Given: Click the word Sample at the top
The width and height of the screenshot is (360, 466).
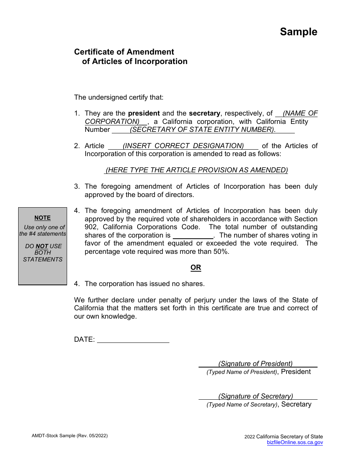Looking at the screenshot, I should [x=299, y=32].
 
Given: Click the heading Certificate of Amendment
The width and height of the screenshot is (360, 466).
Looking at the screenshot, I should [x=124, y=52].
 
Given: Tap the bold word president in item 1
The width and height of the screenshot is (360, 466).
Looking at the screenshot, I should [x=144, y=113].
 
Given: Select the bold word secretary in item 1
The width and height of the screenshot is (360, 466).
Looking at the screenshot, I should [x=205, y=113].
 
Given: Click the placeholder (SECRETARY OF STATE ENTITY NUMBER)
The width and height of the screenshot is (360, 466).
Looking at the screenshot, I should [x=203, y=130].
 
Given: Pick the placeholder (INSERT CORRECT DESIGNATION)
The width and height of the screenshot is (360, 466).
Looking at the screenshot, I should [x=183, y=146].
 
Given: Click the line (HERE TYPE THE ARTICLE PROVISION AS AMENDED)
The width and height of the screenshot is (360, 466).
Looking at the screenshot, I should [x=196, y=170].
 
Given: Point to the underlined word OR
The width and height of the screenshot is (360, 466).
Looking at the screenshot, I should [x=196, y=267].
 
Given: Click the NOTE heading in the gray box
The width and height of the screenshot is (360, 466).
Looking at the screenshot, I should [x=42, y=218].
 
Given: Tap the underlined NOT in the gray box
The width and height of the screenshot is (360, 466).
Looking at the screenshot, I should [x=42, y=246].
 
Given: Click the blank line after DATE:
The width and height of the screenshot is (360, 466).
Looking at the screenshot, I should [x=133, y=340].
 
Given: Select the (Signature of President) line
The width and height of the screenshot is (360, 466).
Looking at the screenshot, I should [x=256, y=364].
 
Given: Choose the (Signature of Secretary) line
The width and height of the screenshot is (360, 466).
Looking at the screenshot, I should [x=256, y=396].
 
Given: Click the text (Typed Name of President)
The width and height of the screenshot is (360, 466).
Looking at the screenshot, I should [x=242, y=372].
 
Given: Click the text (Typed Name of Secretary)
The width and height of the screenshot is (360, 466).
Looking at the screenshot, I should [x=242, y=405].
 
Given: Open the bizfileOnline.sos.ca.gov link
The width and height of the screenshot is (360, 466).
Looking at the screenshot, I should [x=295, y=442].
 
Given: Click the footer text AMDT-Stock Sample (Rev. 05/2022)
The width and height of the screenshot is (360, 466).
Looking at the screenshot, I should [x=70, y=436].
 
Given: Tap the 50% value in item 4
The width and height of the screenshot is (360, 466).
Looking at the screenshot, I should [x=221, y=251].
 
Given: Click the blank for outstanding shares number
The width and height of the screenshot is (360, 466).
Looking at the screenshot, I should [x=193, y=235].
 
